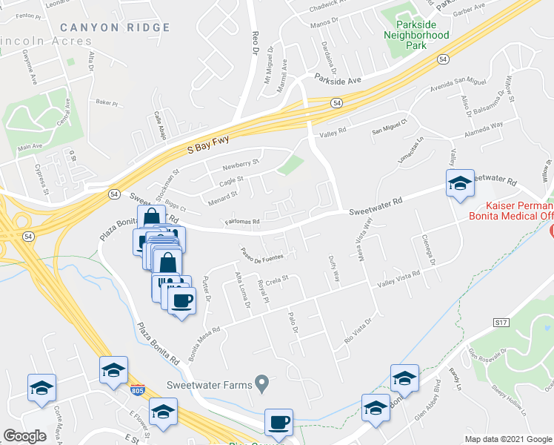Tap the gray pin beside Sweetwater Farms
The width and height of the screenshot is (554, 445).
pos(261,383)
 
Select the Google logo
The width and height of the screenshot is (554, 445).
pos(24,436)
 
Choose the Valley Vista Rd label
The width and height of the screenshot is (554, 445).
pos(398,279)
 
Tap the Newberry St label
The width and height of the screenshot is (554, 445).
pos(241,165)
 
